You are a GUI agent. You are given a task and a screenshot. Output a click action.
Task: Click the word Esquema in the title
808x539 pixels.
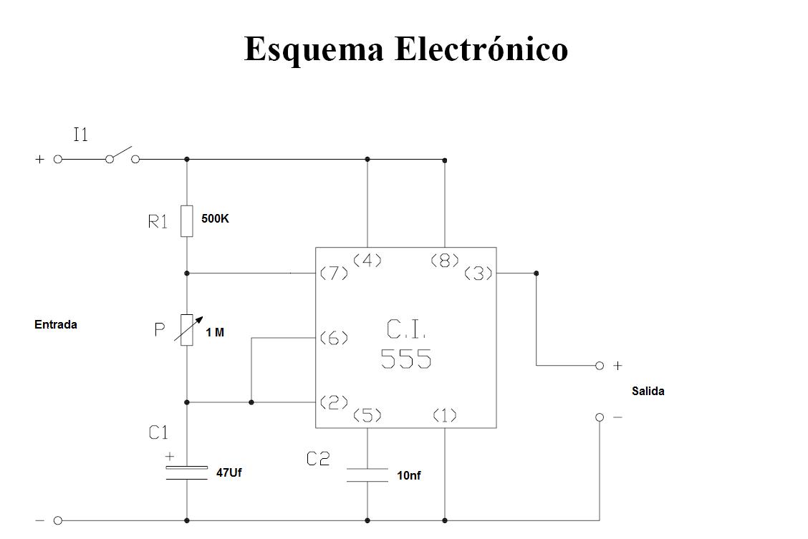pyautogui.click(x=314, y=49)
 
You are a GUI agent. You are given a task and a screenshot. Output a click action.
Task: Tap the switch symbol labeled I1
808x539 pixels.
pyautogui.click(x=122, y=155)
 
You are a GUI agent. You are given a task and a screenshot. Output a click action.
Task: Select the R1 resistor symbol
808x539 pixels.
pyautogui.click(x=186, y=221)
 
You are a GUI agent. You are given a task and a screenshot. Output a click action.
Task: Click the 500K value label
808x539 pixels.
pyautogui.click(x=215, y=218)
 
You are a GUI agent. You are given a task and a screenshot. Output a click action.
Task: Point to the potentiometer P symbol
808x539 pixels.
pyautogui.click(x=187, y=329)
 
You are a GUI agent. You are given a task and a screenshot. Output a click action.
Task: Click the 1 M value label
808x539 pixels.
pyautogui.click(x=215, y=333)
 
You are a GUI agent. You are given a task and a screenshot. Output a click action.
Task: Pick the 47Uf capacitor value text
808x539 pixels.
pyautogui.click(x=229, y=472)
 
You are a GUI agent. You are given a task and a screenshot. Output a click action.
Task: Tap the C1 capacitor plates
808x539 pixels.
pyautogui.click(x=186, y=473)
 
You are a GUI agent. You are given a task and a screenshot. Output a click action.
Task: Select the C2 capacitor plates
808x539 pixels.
pyautogui.click(x=367, y=475)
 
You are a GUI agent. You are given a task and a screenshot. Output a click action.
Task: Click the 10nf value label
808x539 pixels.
pyautogui.click(x=408, y=476)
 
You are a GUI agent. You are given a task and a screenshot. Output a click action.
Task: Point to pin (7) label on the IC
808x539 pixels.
pyautogui.click(x=334, y=273)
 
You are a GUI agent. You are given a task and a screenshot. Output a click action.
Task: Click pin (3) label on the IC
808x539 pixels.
pyautogui.click(x=478, y=273)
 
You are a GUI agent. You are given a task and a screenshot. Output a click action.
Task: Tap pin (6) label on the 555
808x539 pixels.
pyautogui.click(x=334, y=339)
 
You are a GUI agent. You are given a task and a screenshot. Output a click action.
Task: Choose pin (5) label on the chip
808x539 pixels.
pyautogui.click(x=367, y=415)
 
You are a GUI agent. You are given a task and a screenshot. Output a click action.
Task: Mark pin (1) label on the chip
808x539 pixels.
pyautogui.click(x=445, y=415)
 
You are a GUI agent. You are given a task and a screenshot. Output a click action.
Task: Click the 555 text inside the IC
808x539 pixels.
pyautogui.click(x=406, y=359)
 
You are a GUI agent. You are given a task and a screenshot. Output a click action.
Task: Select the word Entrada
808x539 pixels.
pyautogui.click(x=56, y=325)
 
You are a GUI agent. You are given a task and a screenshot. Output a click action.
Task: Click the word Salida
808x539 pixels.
pyautogui.click(x=648, y=392)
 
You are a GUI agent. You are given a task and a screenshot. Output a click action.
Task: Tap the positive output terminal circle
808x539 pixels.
pyautogui.click(x=600, y=366)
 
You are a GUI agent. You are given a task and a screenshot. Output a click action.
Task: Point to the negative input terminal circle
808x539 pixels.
pyautogui.click(x=58, y=520)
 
